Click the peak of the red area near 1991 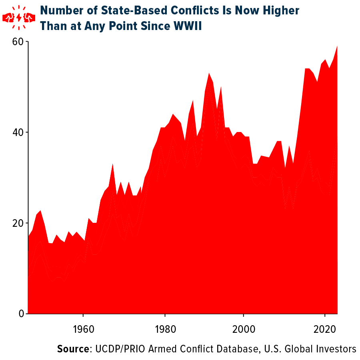(x=209, y=74)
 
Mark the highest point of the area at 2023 (x=337, y=46)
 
